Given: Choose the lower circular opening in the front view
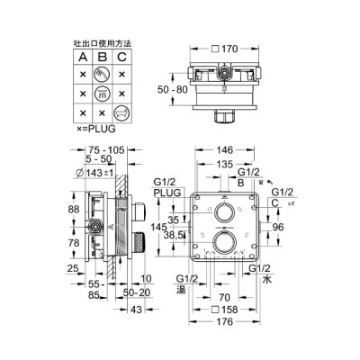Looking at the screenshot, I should tap(225, 245).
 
